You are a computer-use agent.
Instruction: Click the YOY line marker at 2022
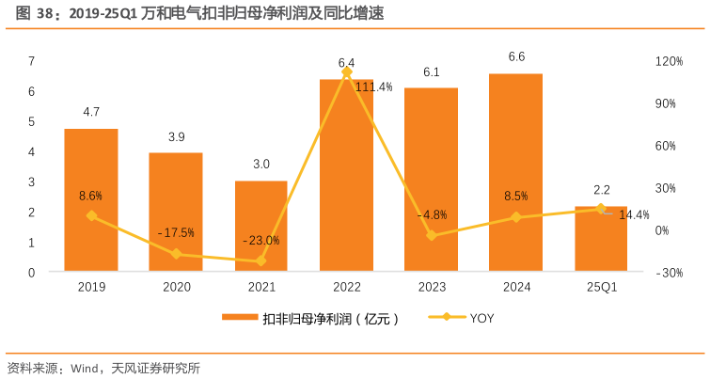347,72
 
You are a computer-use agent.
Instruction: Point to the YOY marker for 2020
176,254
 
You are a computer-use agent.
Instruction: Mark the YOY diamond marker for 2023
431,235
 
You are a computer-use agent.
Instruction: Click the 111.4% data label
373,87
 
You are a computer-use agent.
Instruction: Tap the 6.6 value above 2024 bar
516,57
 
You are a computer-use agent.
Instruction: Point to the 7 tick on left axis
32,61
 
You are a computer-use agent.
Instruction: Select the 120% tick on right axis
669,61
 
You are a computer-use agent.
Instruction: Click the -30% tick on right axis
669,273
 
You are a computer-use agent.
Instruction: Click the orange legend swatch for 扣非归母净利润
240,318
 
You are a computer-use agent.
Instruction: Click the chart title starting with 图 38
197,13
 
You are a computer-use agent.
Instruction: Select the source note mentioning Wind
103,367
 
